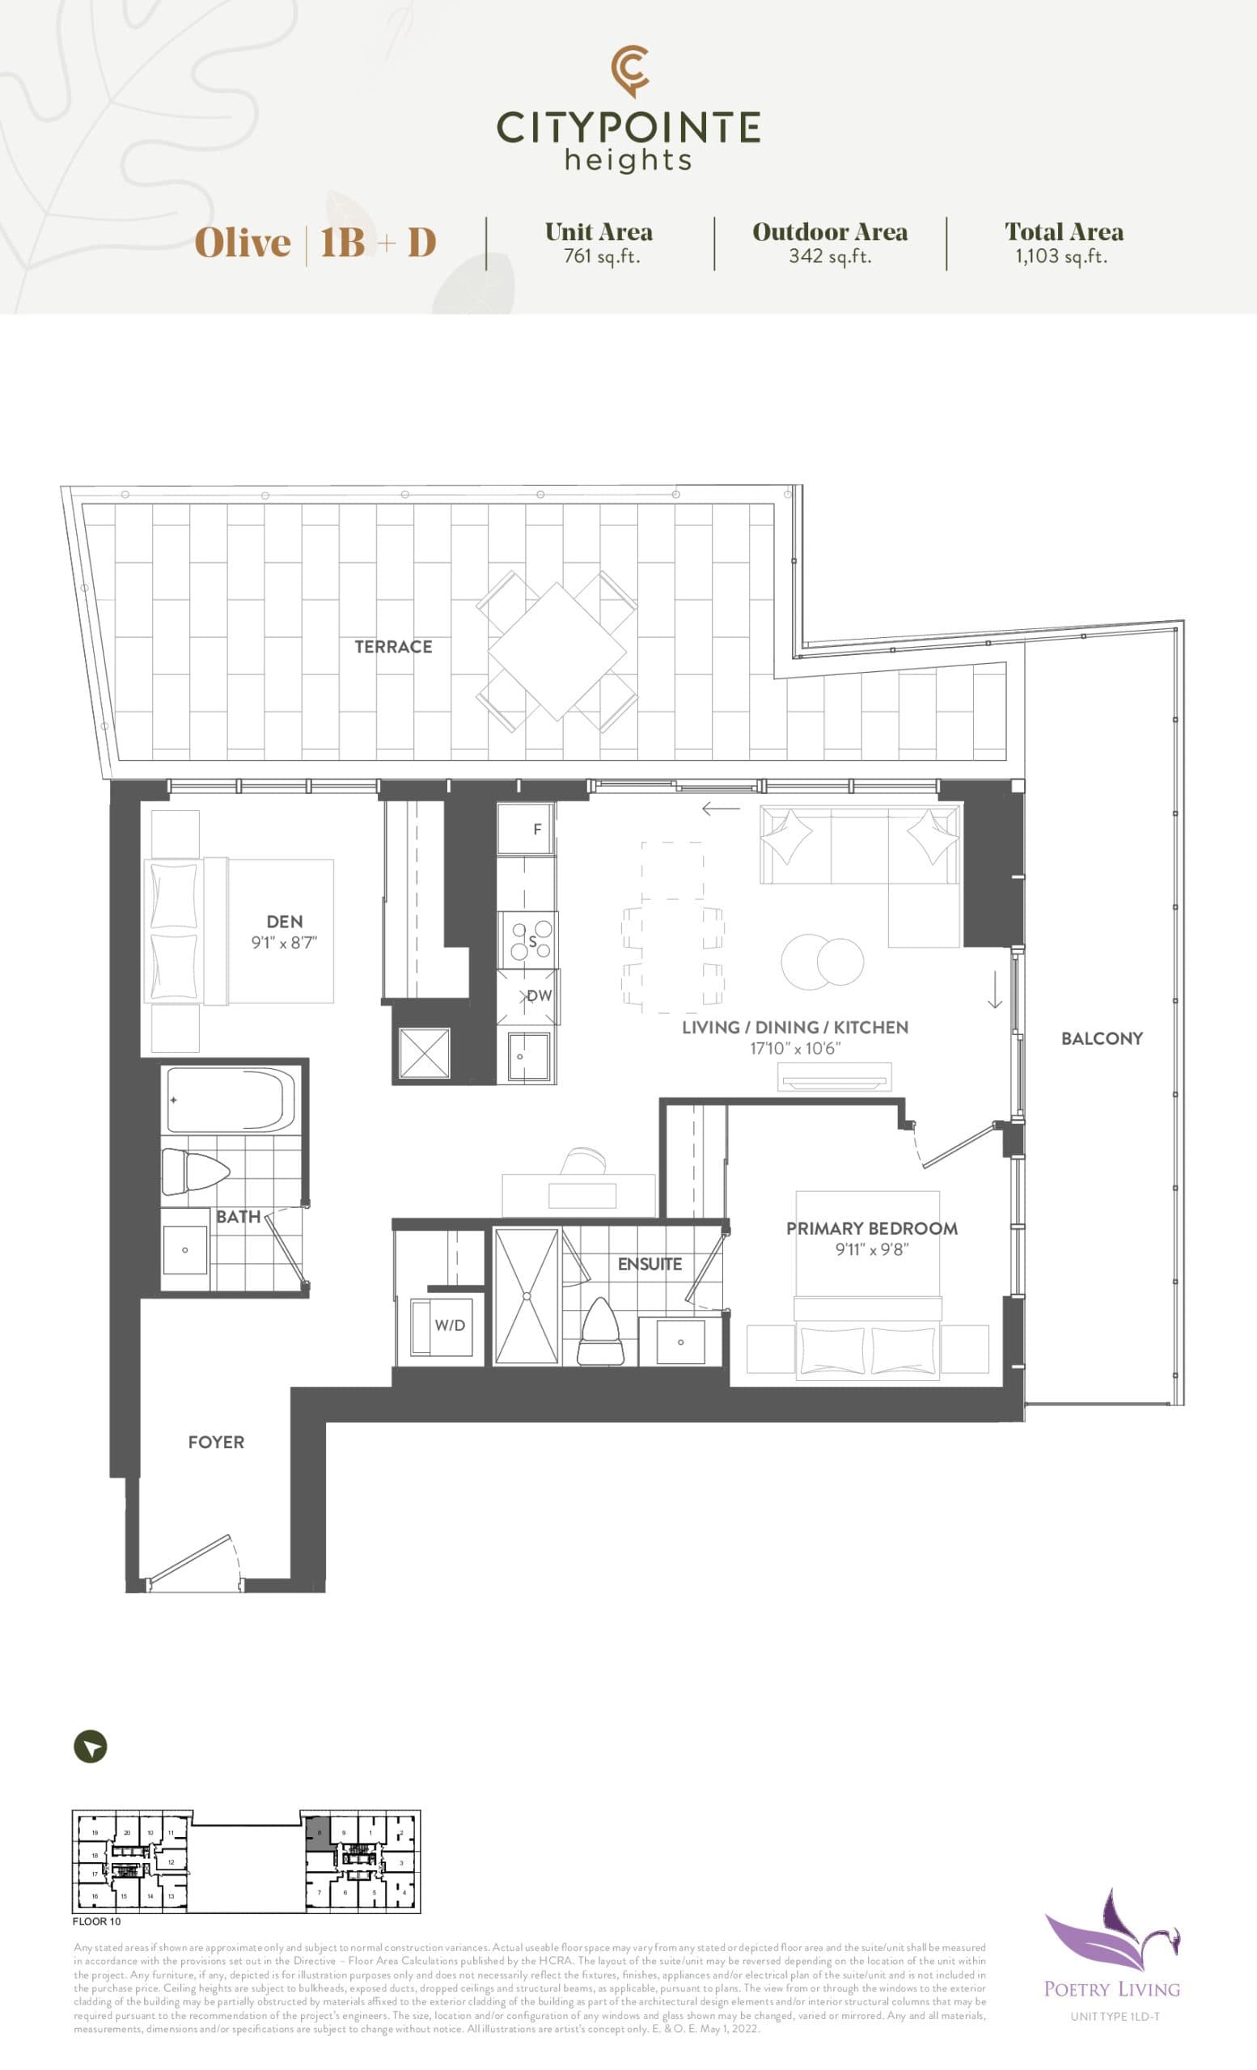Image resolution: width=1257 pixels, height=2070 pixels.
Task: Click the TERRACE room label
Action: click(x=393, y=647)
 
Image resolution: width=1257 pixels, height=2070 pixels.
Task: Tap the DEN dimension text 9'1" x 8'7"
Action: click(x=284, y=943)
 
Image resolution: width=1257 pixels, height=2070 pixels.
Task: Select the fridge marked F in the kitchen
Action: click(x=526, y=828)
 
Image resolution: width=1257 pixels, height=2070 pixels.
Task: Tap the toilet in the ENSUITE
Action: click(x=599, y=1332)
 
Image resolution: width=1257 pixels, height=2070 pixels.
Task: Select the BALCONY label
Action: click(x=1102, y=1038)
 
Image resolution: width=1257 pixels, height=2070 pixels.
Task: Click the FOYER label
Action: click(x=216, y=1443)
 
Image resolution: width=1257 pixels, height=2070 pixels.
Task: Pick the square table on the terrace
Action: click(x=557, y=652)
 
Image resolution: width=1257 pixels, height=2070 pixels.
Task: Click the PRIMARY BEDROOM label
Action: click(x=871, y=1228)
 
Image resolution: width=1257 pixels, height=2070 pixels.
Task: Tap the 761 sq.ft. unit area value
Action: click(x=602, y=256)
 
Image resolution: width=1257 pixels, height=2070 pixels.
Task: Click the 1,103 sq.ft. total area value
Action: click(x=1061, y=256)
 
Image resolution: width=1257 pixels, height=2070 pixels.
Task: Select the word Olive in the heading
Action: click(x=243, y=243)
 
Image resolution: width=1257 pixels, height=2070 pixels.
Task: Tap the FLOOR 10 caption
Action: click(x=96, y=1920)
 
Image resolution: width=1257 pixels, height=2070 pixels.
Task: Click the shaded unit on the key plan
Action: click(x=318, y=1833)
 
